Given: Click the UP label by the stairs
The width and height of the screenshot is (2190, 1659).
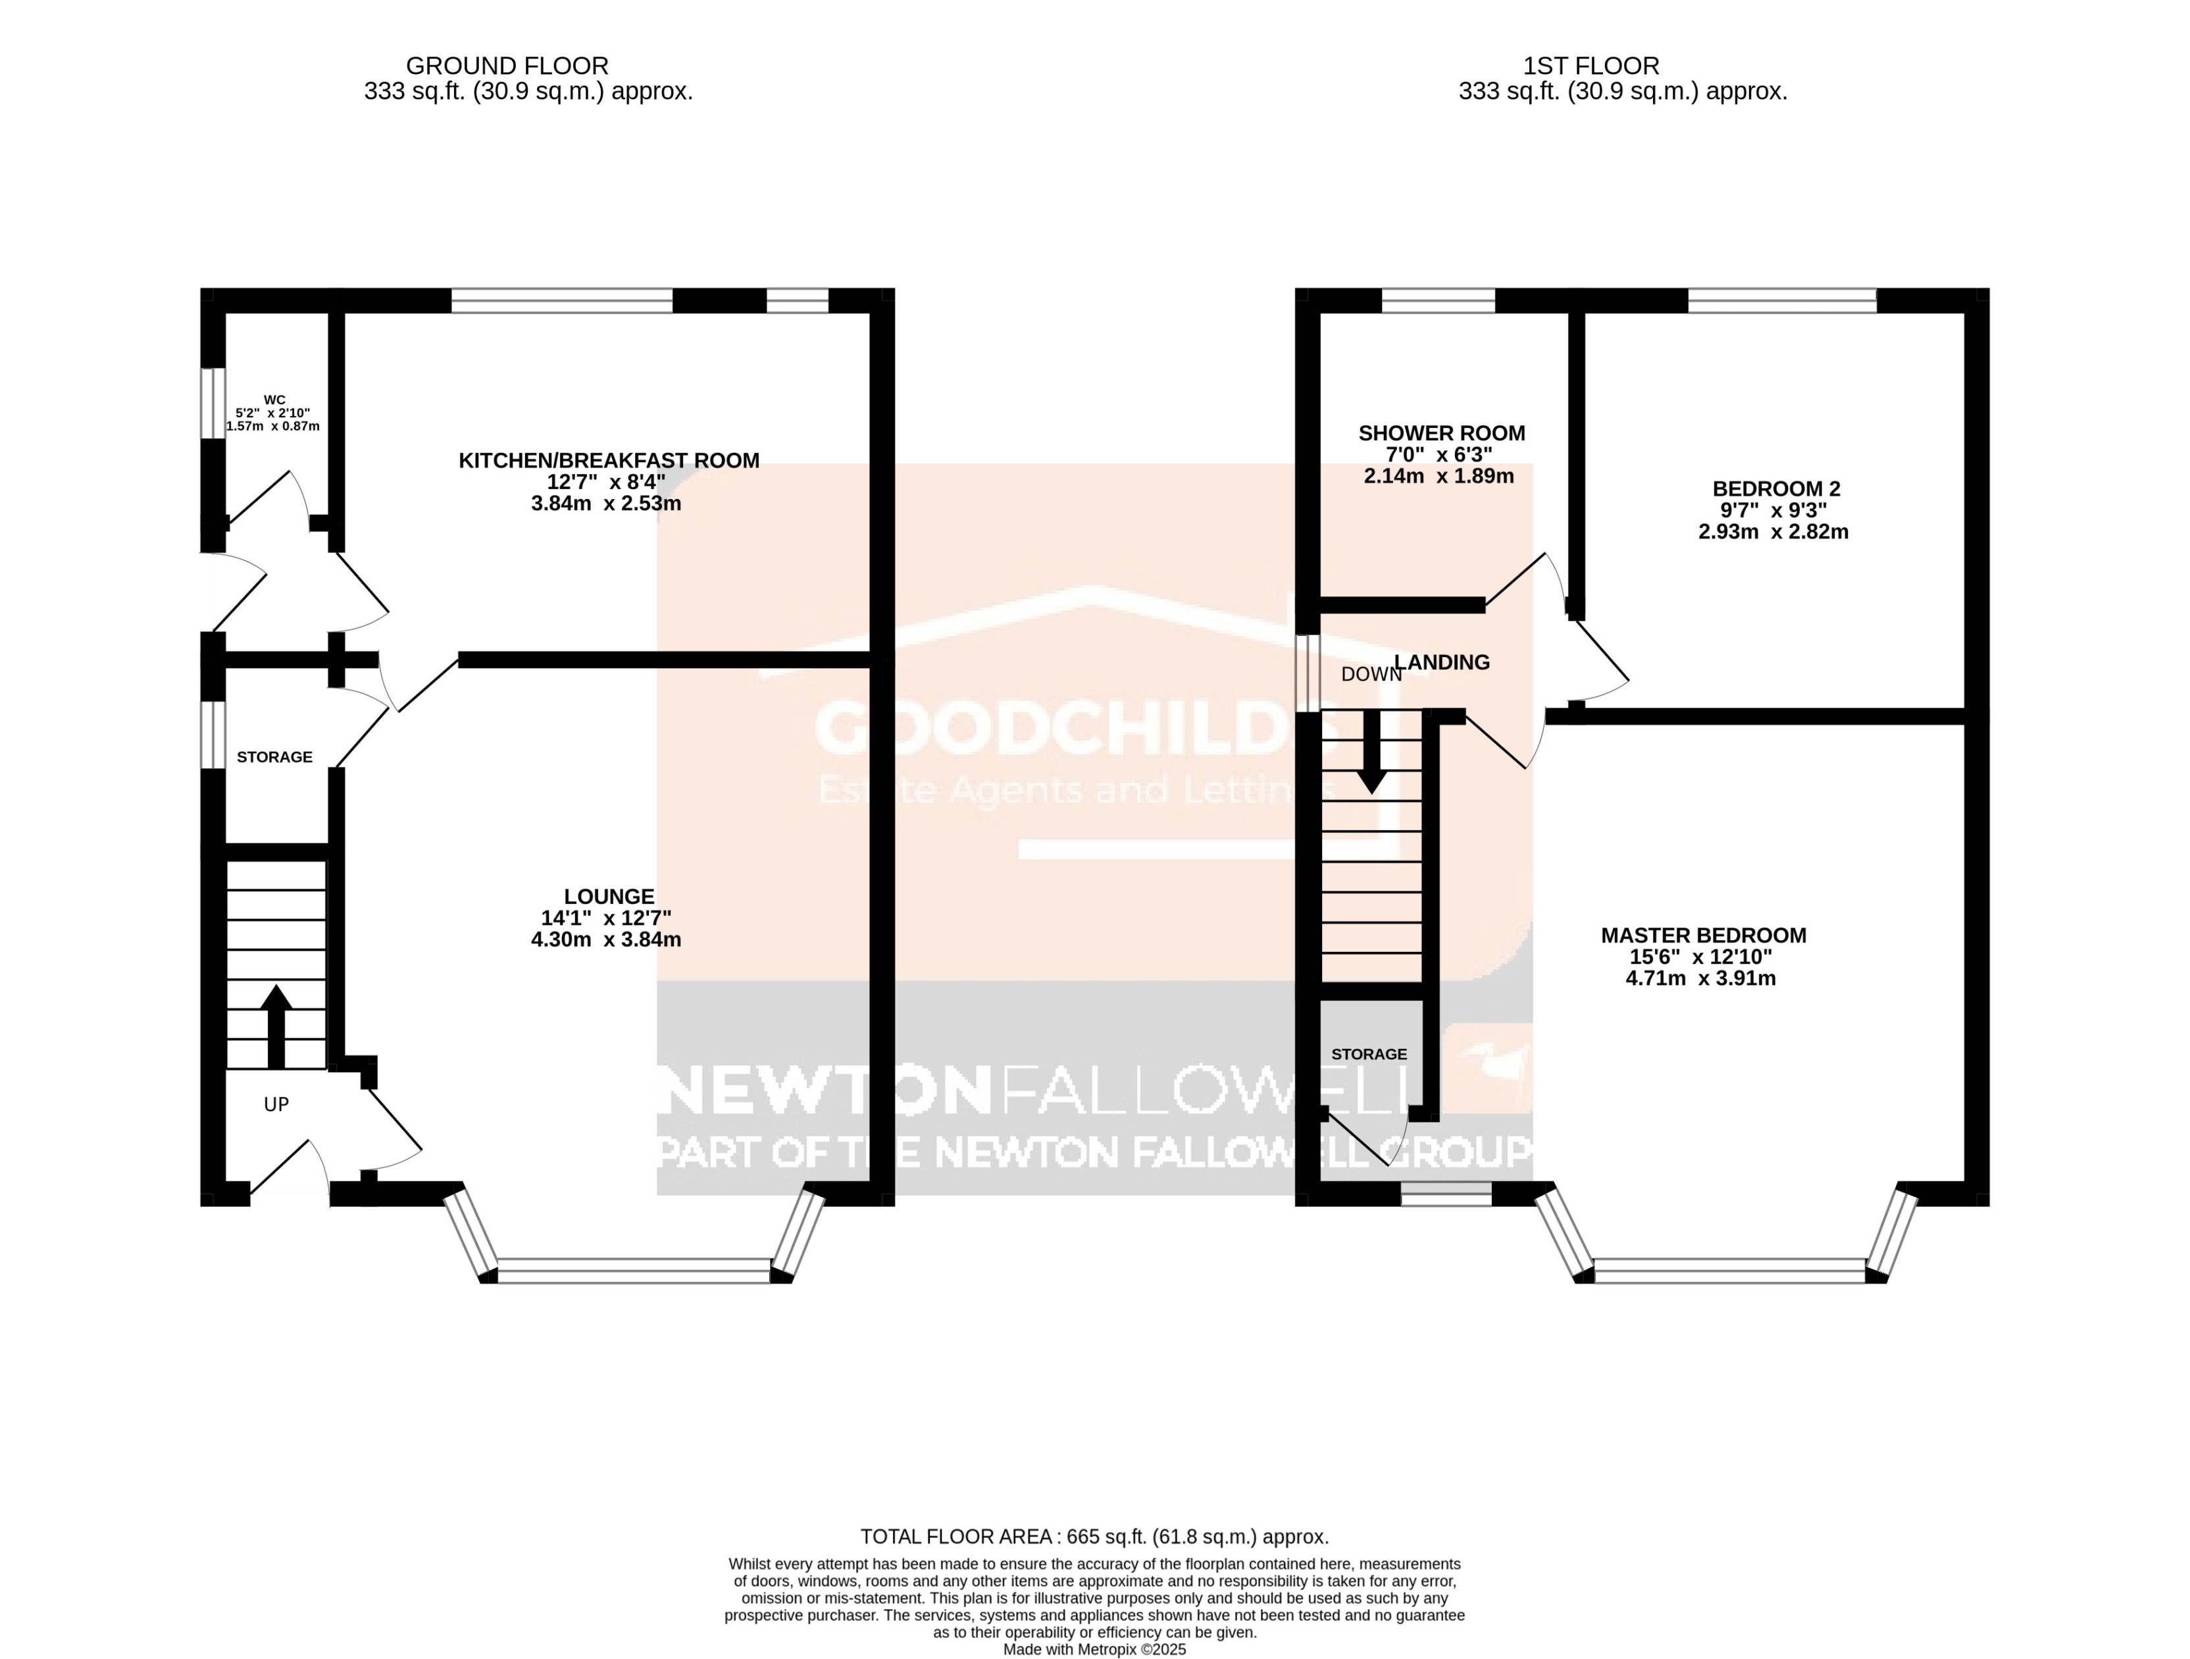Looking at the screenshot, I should (276, 1103).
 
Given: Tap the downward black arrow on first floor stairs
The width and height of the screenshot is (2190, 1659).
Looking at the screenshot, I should (1371, 752).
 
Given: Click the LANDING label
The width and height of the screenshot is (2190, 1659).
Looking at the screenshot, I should (1442, 662).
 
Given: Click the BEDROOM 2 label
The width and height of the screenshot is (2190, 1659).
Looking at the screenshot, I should (1775, 488).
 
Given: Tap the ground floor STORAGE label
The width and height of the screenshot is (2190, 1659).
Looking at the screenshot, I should (274, 756).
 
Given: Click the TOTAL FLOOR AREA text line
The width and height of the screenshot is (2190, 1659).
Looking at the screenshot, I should (1094, 1537).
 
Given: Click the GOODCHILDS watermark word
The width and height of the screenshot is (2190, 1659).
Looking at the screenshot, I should (1074, 729).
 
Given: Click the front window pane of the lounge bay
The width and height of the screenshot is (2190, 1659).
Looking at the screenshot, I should (634, 1271).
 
